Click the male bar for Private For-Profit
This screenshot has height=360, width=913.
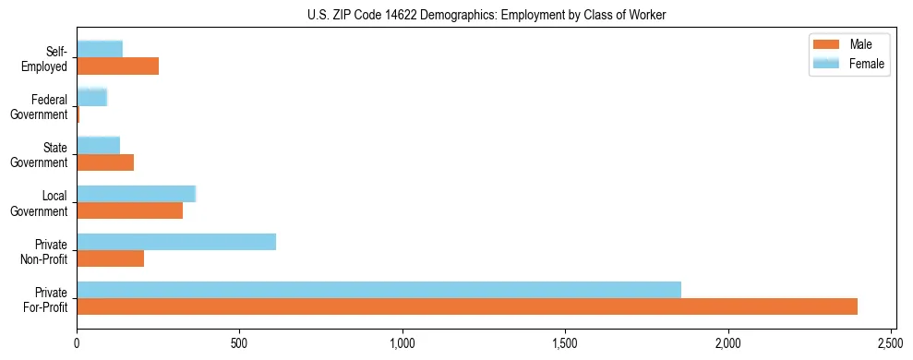[x=467, y=306]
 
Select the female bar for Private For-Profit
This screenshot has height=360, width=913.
[x=378, y=290]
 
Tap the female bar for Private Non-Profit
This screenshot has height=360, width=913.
[x=176, y=242]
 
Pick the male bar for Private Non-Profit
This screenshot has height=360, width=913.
[x=111, y=258]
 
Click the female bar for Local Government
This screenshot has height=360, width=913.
[x=137, y=194]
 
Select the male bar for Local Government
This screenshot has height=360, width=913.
[x=130, y=210]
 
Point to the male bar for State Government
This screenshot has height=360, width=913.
[x=105, y=162]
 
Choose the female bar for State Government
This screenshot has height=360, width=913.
[x=99, y=145]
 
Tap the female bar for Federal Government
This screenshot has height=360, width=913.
[x=92, y=97]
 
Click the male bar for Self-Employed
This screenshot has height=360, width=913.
[x=118, y=66]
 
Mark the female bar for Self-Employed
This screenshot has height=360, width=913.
[x=100, y=49]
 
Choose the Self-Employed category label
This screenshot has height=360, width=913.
[x=47, y=59]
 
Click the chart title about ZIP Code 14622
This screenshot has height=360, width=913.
[x=487, y=15]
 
